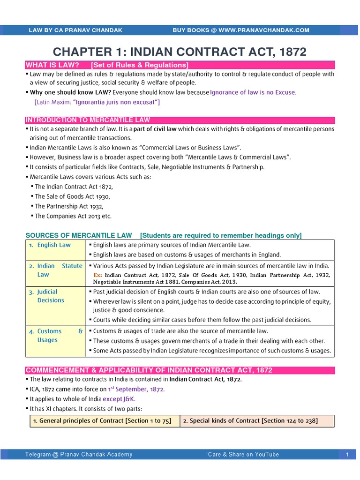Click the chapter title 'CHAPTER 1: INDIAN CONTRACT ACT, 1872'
180,51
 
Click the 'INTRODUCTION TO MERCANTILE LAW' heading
88,120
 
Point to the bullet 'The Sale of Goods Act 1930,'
74,196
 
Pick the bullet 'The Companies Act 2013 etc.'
73,216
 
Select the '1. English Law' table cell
54,245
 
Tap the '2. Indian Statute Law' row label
60,270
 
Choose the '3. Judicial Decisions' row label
51,296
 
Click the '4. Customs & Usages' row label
60,336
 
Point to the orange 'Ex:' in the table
97,275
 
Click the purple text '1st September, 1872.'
136,389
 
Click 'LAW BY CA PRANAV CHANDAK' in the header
75,30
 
